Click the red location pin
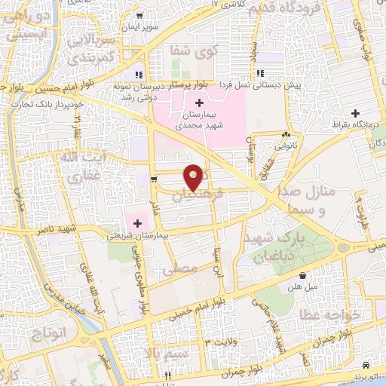point(194,176)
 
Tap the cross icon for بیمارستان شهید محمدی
point(199,103)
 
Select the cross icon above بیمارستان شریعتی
point(138,222)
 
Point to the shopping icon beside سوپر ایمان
point(139,15)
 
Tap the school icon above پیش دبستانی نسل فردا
point(260,73)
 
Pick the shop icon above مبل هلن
point(302,276)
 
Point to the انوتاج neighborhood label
point(46,332)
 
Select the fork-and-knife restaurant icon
point(168,375)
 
